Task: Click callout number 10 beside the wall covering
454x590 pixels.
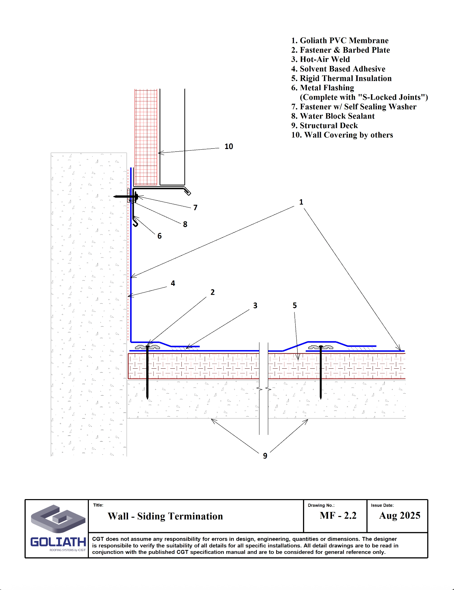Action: point(229,146)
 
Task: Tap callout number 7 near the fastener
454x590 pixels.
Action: point(195,207)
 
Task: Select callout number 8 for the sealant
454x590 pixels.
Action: point(185,224)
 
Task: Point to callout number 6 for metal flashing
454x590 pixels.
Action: point(159,236)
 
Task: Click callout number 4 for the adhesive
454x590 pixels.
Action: point(173,283)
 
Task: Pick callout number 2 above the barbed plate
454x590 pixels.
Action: point(212,292)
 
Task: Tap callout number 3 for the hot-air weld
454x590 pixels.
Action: point(255,305)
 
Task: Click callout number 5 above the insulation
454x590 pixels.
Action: point(295,305)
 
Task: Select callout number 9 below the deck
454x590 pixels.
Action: point(265,456)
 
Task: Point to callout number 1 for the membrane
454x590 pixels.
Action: point(301,202)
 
